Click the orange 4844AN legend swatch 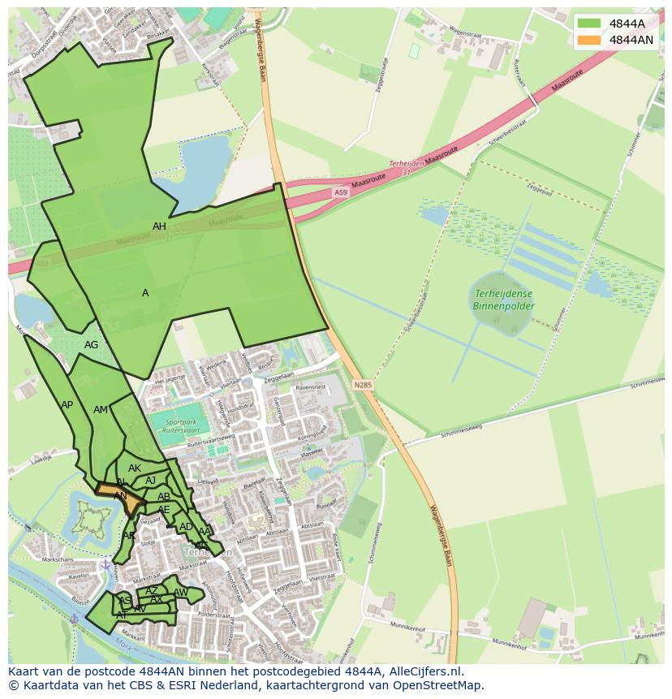point(590,40)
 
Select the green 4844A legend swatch point(590,24)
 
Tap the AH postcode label point(159,227)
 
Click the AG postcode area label point(91,345)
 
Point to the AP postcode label point(67,405)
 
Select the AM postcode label point(100,410)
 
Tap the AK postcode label point(135,468)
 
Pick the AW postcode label point(180,593)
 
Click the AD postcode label point(186,527)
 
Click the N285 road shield point(362,385)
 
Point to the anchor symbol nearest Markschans point(105,564)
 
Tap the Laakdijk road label point(41,459)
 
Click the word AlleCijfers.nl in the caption point(423,671)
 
